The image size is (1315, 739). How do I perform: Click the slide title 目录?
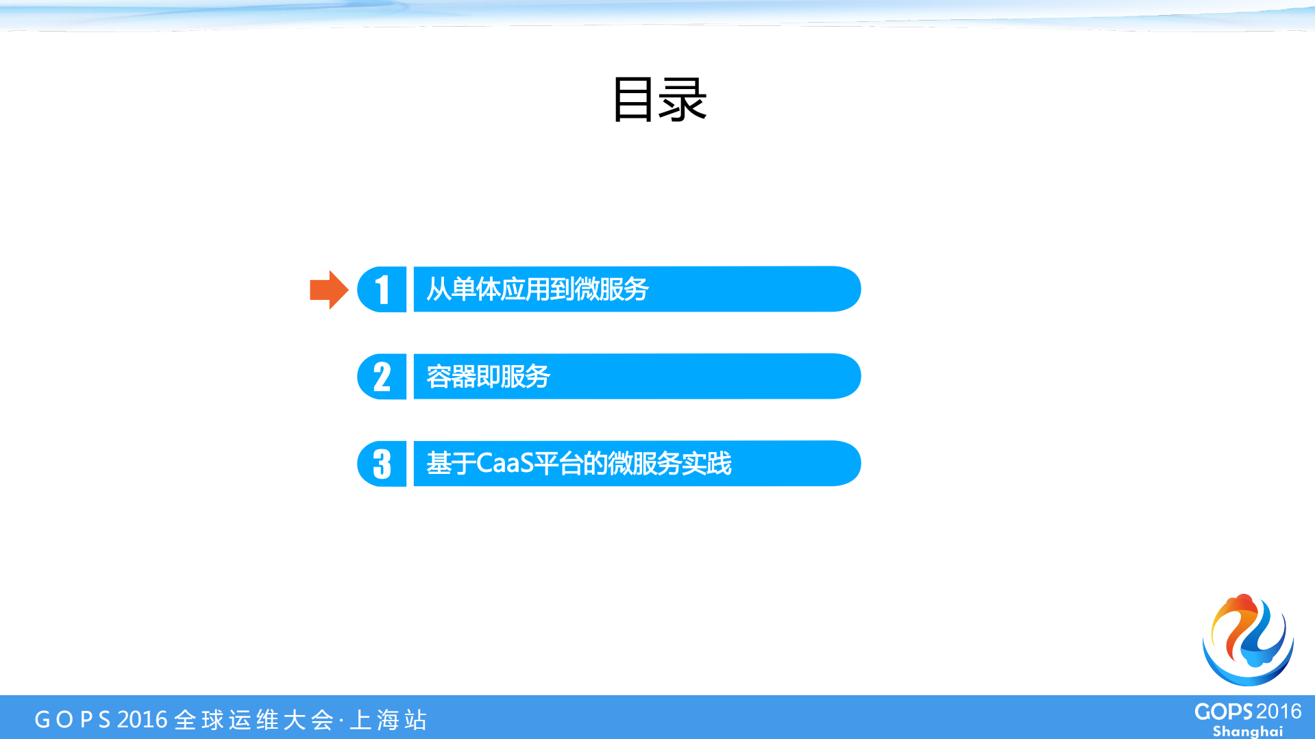(x=659, y=100)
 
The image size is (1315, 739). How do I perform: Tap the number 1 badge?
(x=382, y=290)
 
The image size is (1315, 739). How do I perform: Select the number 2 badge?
(x=382, y=377)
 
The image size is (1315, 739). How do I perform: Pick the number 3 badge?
(x=382, y=464)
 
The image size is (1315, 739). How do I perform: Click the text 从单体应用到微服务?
(x=537, y=290)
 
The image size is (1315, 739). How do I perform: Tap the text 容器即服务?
(x=488, y=377)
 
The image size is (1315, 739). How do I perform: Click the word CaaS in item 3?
(x=504, y=464)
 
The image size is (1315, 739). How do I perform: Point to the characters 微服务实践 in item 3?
(x=669, y=464)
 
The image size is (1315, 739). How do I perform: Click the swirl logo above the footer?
(x=1248, y=640)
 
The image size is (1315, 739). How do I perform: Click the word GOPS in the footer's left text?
(x=72, y=720)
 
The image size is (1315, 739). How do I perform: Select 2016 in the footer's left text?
(x=143, y=720)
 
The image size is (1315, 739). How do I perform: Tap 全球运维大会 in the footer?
(x=254, y=720)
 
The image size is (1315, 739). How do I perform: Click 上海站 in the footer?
(x=389, y=720)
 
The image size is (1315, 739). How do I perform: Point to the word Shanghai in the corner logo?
(x=1248, y=731)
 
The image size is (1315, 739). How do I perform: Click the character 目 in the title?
(x=632, y=100)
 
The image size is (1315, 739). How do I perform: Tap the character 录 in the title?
(x=683, y=100)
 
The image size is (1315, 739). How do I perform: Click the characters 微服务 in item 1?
(x=611, y=290)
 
